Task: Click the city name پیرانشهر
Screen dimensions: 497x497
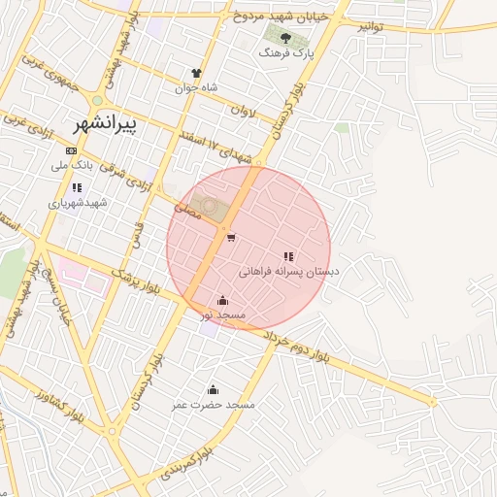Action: (x=105, y=124)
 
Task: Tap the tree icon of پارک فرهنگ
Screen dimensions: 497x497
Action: (x=285, y=38)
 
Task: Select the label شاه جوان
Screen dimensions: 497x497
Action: (x=196, y=87)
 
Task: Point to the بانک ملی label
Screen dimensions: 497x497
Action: (x=74, y=166)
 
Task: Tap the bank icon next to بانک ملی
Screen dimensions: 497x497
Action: (x=71, y=150)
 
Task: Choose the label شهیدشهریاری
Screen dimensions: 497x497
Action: (x=76, y=203)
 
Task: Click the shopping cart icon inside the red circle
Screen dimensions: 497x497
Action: (x=230, y=238)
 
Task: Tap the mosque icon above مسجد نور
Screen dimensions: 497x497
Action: (x=224, y=300)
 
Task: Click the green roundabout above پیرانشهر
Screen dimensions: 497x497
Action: (x=97, y=101)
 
